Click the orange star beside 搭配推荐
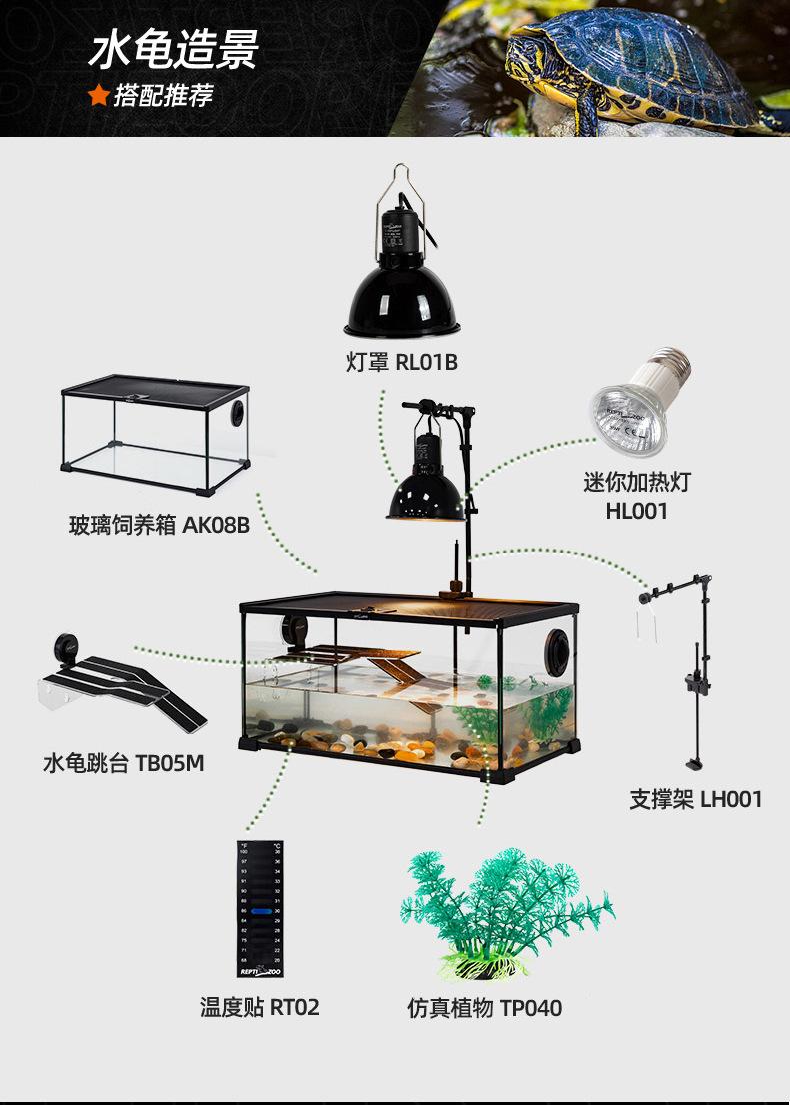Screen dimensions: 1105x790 pyautogui.click(x=98, y=95)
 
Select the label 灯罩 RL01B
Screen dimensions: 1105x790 pyautogui.click(x=402, y=362)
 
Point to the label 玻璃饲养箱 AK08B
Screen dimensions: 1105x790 pyautogui.click(x=159, y=524)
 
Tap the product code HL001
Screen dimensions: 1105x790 pyautogui.click(x=636, y=511)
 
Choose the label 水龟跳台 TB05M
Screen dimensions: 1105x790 pyautogui.click(x=123, y=764)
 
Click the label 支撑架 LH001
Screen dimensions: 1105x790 pyautogui.click(x=695, y=799)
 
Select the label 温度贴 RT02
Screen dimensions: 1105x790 pyautogui.click(x=260, y=1007)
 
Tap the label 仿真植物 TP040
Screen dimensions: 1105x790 pyautogui.click(x=484, y=1008)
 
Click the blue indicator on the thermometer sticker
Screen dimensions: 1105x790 pyautogui.click(x=261, y=912)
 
